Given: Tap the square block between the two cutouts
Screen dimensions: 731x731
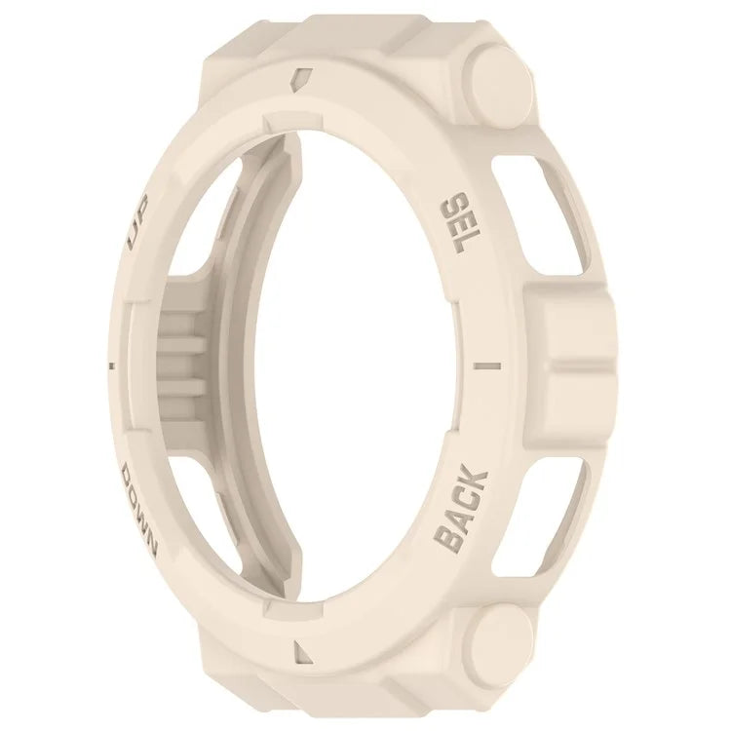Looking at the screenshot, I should (569, 361).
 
